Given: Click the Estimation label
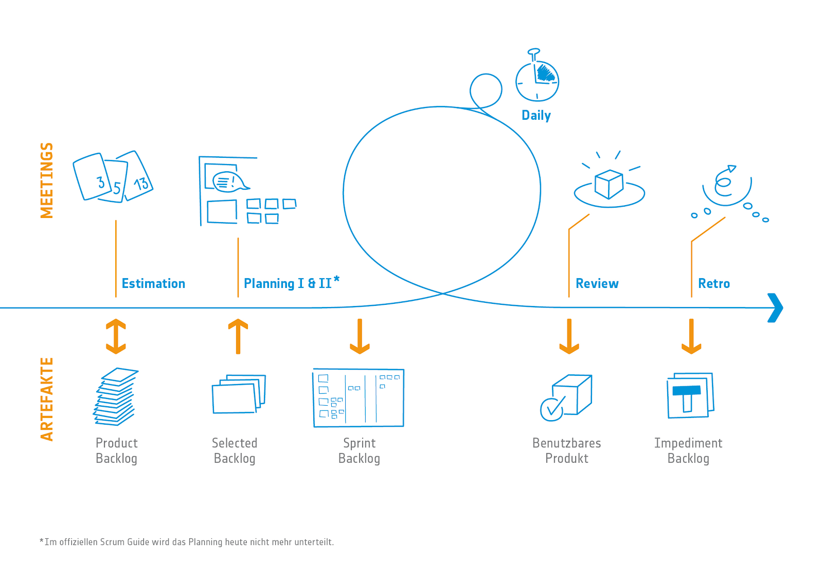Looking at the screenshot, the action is (153, 283).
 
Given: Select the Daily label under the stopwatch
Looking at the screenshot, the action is (536, 115).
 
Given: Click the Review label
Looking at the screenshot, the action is (597, 283).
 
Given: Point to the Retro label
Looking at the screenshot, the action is (714, 283).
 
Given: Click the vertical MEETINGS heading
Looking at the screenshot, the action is (47, 180).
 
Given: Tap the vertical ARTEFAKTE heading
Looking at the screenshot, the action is (47, 400).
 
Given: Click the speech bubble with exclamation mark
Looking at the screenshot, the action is (230, 182).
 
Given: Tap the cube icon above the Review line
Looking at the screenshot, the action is (609, 184).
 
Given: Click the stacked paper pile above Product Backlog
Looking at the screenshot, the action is (116, 397).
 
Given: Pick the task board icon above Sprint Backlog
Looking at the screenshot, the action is (359, 398).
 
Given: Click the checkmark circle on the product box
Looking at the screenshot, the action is (551, 409).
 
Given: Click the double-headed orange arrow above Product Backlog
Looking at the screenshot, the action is (116, 336).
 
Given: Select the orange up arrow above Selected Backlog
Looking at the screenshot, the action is (238, 336).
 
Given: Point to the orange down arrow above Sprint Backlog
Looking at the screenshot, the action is (360, 336).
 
